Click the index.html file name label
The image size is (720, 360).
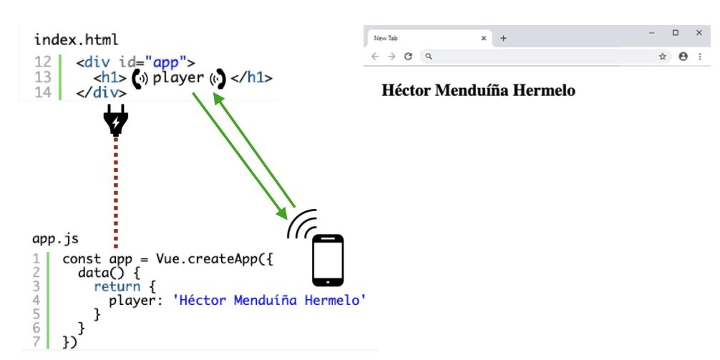[76, 39]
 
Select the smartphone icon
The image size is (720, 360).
[328, 261]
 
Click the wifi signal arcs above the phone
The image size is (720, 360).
[302, 223]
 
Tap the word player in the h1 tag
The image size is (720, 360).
[178, 77]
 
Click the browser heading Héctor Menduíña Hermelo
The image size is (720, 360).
[478, 91]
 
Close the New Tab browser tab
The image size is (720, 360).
[484, 38]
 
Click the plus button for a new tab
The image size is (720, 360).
[503, 38]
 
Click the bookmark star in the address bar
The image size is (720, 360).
[662, 57]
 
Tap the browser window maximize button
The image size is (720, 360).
[675, 33]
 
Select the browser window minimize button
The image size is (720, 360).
[651, 33]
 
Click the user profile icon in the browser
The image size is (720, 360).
[683, 57]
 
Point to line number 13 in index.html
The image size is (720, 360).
[43, 77]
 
